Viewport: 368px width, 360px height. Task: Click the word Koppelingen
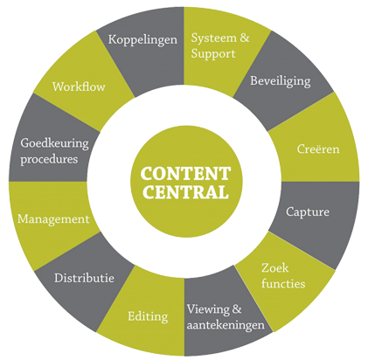pyautogui.click(x=142, y=40)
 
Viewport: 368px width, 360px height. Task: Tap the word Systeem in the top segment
pyautogui.click(x=213, y=38)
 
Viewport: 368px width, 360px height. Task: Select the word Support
pyautogui.click(x=213, y=54)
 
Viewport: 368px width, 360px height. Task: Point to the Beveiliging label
pyautogui.click(x=281, y=81)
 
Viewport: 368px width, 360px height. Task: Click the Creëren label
pyautogui.click(x=318, y=149)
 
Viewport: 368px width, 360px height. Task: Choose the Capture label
pyautogui.click(x=308, y=212)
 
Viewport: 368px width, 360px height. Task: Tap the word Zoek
pyautogui.click(x=274, y=268)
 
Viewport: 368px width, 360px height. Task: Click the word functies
pyautogui.click(x=283, y=283)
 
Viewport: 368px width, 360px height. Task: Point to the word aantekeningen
pyautogui.click(x=226, y=325)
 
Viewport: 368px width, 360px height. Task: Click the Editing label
pyautogui.click(x=148, y=317)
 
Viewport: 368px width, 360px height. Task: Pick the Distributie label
pyautogui.click(x=84, y=278)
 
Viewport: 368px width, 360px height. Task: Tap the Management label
pyautogui.click(x=53, y=219)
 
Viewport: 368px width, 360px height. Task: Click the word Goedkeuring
pyautogui.click(x=54, y=144)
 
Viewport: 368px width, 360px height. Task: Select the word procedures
pyautogui.click(x=49, y=160)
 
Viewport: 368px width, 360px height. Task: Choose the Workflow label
pyautogui.click(x=79, y=87)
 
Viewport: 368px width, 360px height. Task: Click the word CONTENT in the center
pyautogui.click(x=185, y=174)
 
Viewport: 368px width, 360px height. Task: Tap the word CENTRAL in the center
pyautogui.click(x=185, y=192)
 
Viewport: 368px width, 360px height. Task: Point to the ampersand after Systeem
pyautogui.click(x=245, y=38)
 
